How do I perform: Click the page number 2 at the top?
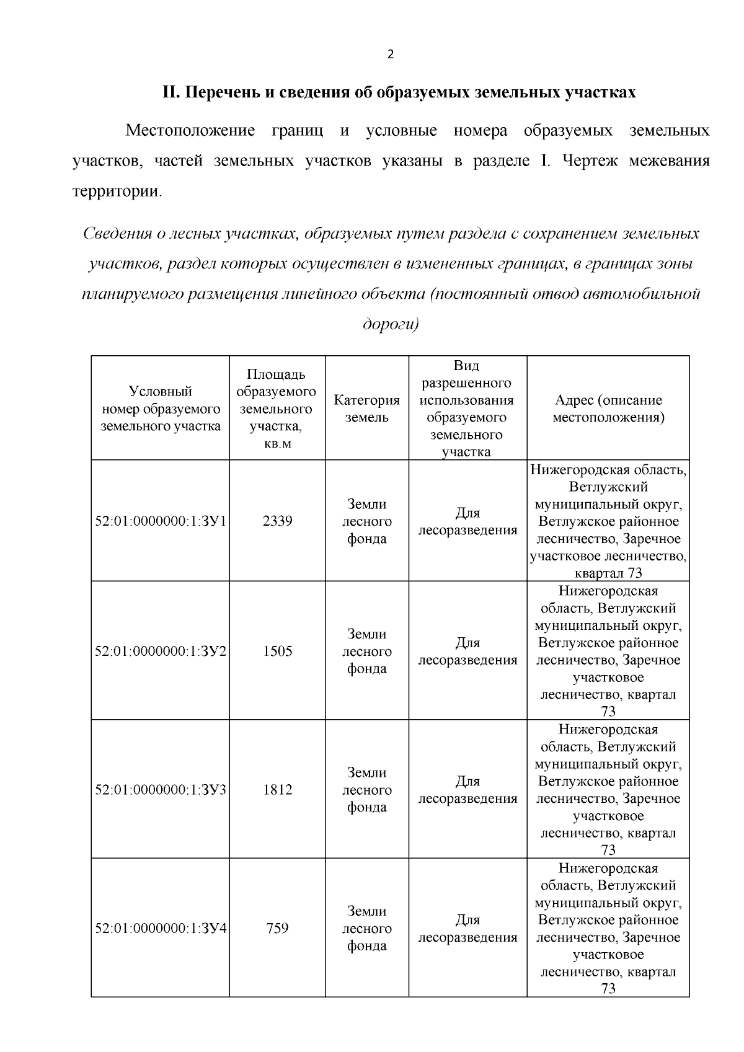(x=390, y=55)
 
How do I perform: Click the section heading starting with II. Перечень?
(x=399, y=93)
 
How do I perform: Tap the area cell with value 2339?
(x=277, y=521)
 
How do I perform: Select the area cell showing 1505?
(x=277, y=652)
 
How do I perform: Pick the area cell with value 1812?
(x=277, y=790)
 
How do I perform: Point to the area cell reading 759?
(x=277, y=929)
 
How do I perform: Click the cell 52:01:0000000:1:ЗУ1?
(x=161, y=521)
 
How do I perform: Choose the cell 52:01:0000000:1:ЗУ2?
(x=161, y=652)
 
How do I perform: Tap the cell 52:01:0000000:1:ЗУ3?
(x=161, y=790)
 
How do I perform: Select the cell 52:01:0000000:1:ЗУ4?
(x=161, y=929)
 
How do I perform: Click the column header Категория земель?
(x=366, y=409)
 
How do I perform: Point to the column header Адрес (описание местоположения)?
(x=608, y=409)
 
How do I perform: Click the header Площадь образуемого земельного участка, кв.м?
(x=277, y=409)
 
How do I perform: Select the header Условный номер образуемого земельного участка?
(x=161, y=409)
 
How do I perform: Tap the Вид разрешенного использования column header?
(x=467, y=409)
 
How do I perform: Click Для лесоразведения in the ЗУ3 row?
(x=467, y=790)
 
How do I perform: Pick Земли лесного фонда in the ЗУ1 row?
(x=366, y=521)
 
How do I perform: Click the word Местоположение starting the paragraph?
(x=190, y=131)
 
